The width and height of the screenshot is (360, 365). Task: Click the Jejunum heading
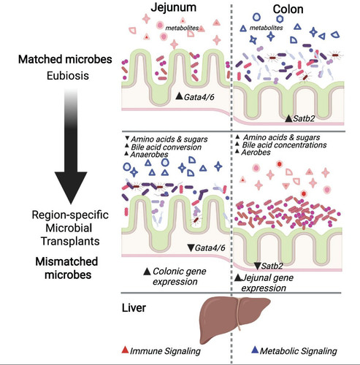coord(173,7)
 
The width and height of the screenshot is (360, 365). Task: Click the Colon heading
coord(288,9)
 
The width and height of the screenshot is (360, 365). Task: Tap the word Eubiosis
coord(68,76)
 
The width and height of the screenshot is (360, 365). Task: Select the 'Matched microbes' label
coord(65,59)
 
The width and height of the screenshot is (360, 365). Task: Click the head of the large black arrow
coord(71,188)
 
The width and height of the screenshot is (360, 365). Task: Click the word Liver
coord(134,308)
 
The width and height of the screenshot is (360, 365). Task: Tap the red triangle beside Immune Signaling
coord(125,350)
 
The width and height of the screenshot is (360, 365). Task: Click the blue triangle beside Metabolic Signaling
coord(255,350)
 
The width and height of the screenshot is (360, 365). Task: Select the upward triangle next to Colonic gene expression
coord(147,272)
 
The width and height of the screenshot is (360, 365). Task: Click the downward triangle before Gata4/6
coord(191,248)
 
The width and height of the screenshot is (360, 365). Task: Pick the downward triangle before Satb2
coord(257,266)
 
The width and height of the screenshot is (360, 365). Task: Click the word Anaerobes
coord(149,155)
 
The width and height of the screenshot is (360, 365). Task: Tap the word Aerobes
coord(256,153)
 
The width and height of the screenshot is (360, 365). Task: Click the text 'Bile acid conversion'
coord(166,147)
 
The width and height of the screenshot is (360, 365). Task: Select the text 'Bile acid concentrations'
coord(284,145)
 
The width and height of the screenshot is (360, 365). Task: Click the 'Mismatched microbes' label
coord(67,268)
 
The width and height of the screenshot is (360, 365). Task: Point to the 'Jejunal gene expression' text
coord(267,283)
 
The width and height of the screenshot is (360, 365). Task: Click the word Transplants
coord(70,241)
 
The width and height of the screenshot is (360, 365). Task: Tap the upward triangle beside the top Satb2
coord(288,119)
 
